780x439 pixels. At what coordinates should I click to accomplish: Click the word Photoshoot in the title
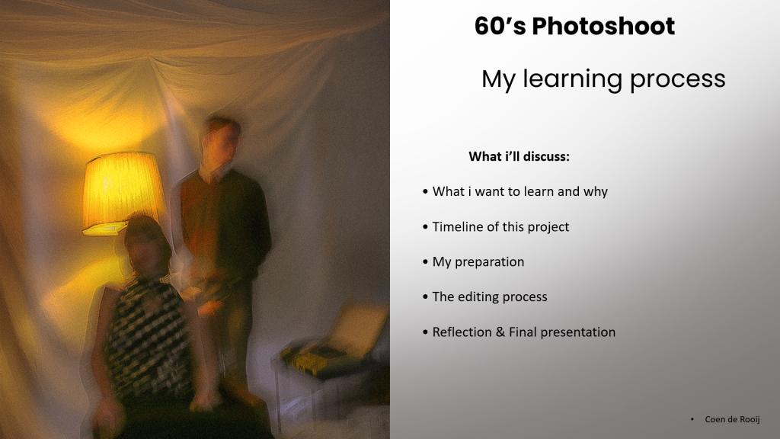pyautogui.click(x=603, y=27)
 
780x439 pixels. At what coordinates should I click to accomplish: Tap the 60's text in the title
pyautogui.click(x=500, y=27)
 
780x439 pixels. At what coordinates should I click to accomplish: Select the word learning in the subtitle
pyautogui.click(x=572, y=79)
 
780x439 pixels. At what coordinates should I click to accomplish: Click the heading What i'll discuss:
pyautogui.click(x=519, y=156)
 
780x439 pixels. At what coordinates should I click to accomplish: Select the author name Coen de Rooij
pyautogui.click(x=732, y=419)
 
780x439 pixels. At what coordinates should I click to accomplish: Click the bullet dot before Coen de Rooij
pyautogui.click(x=692, y=420)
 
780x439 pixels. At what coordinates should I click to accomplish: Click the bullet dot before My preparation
pyautogui.click(x=425, y=262)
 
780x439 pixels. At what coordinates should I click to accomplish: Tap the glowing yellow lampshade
pyautogui.click(x=123, y=193)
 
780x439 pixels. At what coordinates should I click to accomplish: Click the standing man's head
pyautogui.click(x=222, y=139)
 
